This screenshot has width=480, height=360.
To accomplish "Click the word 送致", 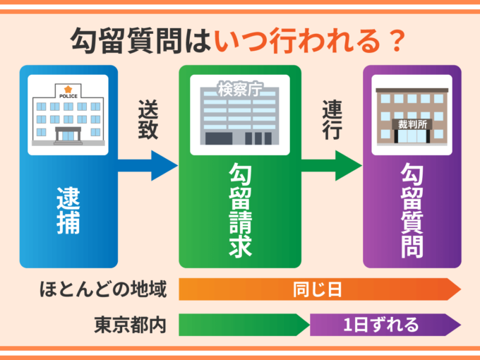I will (x=148, y=121).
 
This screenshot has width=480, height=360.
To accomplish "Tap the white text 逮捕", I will (x=68, y=210).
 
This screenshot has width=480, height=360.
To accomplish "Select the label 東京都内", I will (x=131, y=325).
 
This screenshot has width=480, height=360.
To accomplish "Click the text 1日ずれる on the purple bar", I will (x=381, y=325).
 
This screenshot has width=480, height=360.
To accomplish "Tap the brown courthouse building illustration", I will (x=412, y=116).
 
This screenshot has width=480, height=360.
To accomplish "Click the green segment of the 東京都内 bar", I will (x=244, y=325).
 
